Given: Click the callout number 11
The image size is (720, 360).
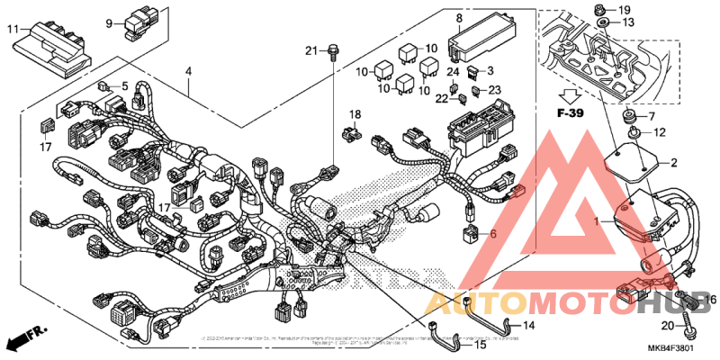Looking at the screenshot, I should [13, 30].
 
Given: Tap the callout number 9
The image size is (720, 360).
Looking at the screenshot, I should [109, 22].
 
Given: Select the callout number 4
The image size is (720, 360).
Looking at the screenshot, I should [188, 71].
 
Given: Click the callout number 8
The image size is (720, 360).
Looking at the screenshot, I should [458, 18].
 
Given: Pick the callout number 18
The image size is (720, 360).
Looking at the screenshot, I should [355, 114].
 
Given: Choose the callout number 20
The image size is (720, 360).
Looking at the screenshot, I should [667, 326].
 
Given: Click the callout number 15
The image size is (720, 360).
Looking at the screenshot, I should [480, 345].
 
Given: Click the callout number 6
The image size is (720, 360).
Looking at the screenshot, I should [493, 233].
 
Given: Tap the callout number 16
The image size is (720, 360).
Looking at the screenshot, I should [710, 300].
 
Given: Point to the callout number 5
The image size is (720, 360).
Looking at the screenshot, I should [125, 86].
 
